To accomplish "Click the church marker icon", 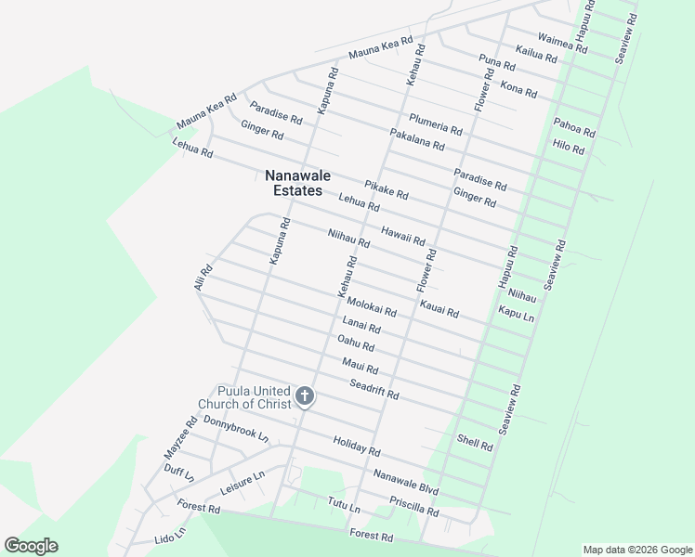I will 304,397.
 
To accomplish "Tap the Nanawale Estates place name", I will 294,183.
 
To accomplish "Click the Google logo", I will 32,546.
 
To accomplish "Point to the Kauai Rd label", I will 439,308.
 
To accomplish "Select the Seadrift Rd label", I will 374,390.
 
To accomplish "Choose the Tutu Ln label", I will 344,506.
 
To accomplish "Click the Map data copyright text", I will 636,550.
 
